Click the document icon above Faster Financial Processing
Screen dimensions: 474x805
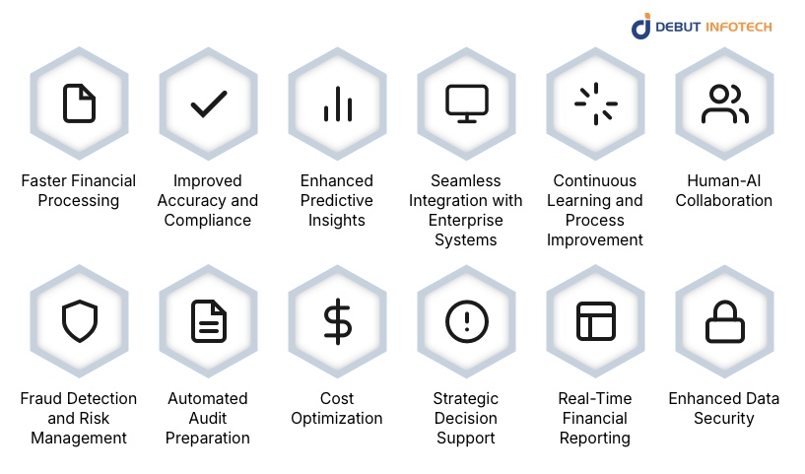79,102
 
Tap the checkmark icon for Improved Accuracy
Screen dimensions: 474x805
208,102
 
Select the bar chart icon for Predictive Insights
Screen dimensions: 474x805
337,103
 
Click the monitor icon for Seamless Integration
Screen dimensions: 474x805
466,102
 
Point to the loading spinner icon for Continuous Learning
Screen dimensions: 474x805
595,102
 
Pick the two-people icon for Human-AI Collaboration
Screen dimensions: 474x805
724,103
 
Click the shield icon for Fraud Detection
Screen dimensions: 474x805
79,320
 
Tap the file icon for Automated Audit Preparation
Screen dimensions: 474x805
208,320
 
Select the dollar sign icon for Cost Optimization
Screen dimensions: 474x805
337,321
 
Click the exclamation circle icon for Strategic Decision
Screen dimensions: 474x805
466,320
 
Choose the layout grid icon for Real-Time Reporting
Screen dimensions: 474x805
595,320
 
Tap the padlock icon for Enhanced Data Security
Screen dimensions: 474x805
724,320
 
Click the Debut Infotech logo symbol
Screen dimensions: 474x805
641,26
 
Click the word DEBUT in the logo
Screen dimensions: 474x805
679,26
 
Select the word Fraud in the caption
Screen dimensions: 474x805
42,398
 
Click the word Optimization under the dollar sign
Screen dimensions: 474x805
337,418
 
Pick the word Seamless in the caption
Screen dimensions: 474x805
466,180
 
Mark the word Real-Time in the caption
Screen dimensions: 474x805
595,398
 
